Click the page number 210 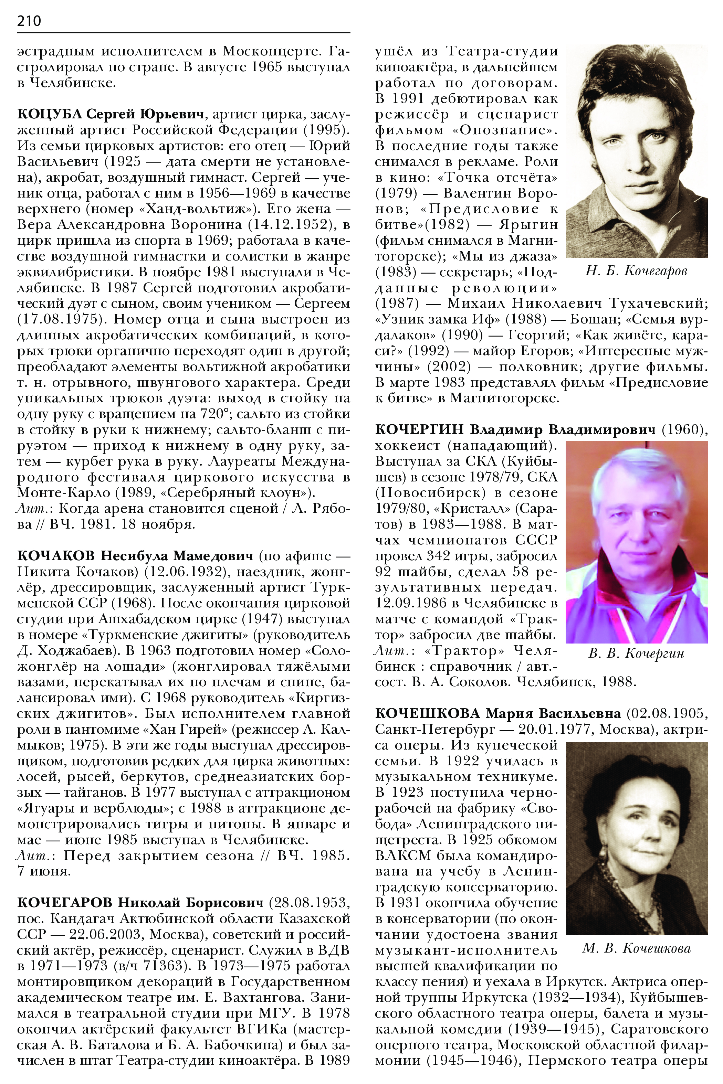coord(29,21)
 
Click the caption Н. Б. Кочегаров coord(636,271)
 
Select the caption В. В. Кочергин coord(636,653)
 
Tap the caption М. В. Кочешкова coord(636,948)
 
